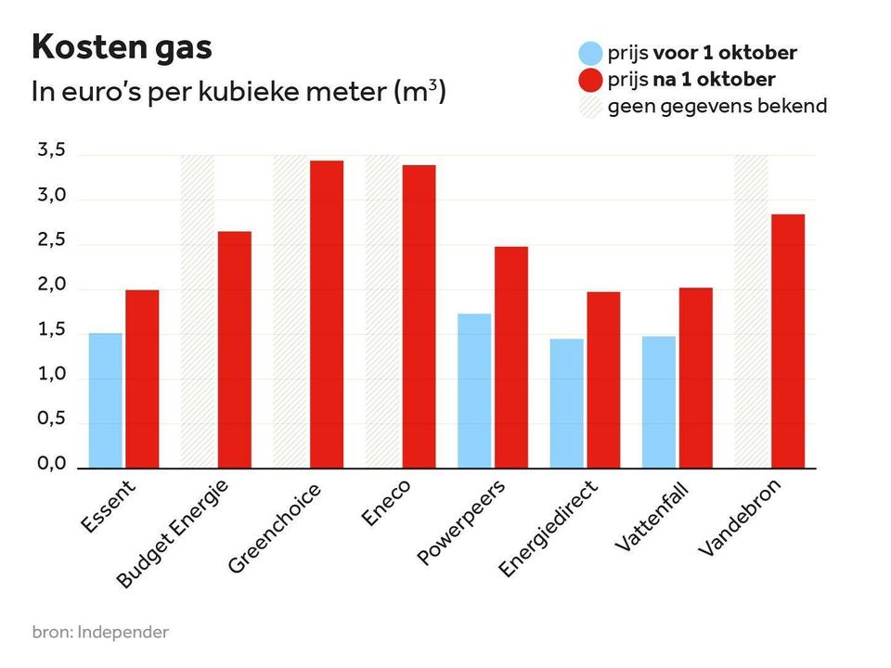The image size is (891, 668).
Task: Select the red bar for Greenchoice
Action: point(327,315)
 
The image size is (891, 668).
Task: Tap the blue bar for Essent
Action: point(105,400)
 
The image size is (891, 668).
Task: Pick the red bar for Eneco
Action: point(419,316)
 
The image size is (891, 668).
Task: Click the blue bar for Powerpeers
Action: point(474,391)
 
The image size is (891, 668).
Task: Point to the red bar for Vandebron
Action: point(788,340)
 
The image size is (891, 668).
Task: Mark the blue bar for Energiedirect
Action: point(566,403)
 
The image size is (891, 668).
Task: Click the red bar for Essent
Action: point(142,379)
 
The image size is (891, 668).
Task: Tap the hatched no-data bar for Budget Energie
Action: point(197,312)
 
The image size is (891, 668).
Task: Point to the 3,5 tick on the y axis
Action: point(51,151)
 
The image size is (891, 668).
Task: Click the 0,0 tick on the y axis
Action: point(51,464)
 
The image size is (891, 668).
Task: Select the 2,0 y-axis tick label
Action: point(51,286)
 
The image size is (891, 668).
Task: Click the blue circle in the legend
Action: point(590,54)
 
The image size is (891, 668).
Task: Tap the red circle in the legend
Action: point(590,80)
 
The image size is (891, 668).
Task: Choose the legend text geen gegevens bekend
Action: point(717,106)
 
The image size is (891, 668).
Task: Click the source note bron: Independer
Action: point(101,633)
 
